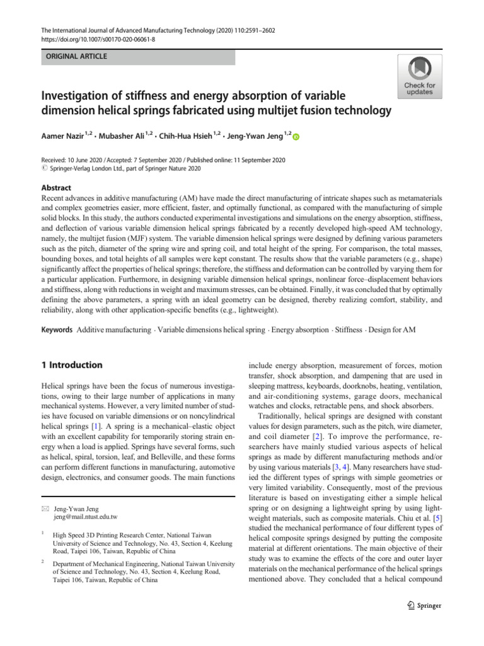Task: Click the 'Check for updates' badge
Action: click(x=419, y=76)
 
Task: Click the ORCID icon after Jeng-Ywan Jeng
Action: click(x=297, y=136)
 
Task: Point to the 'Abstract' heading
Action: click(x=56, y=188)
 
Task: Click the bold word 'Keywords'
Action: click(x=57, y=330)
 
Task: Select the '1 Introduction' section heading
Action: click(x=71, y=365)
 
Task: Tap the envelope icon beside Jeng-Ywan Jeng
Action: click(x=44, y=508)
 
